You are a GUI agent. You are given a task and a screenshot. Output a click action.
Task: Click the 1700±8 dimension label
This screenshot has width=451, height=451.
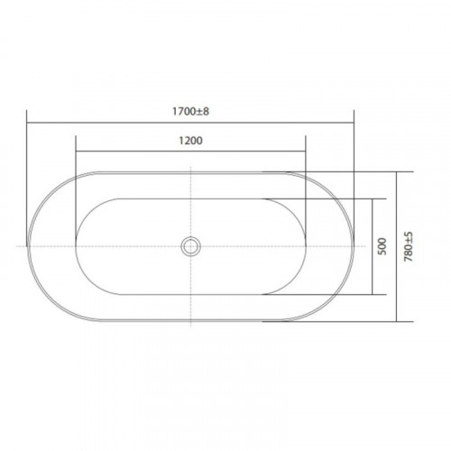[x=190, y=112]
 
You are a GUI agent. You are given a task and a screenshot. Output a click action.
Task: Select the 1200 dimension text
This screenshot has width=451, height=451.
[x=190, y=141]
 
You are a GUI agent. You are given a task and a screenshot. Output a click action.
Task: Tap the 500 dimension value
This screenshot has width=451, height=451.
[x=382, y=246]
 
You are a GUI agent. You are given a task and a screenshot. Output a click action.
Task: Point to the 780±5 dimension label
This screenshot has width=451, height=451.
[x=409, y=246]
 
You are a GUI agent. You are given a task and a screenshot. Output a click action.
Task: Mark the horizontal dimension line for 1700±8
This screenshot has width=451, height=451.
[x=190, y=123]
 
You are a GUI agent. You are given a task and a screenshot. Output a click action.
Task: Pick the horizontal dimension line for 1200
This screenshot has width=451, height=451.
[x=190, y=152]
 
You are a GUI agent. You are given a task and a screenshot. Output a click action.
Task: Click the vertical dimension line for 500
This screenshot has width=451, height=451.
[x=373, y=246]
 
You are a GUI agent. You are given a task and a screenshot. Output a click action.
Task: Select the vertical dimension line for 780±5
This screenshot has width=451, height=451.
[x=397, y=246]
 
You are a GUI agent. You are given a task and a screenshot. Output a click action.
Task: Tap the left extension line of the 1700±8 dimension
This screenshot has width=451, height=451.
[x=27, y=178]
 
